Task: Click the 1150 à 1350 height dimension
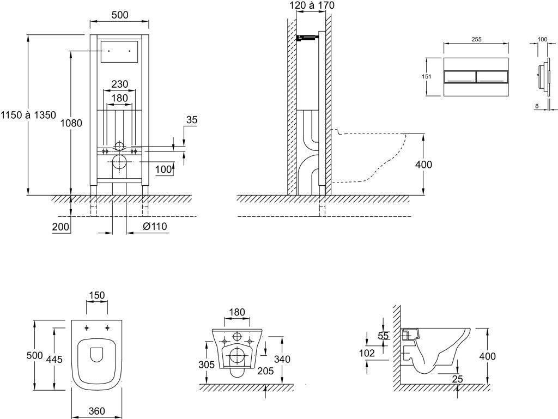click(x=28, y=115)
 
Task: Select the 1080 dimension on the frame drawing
click(x=71, y=124)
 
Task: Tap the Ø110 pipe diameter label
click(x=155, y=227)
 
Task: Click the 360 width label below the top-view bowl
click(x=96, y=411)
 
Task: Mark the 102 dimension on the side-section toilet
click(x=367, y=353)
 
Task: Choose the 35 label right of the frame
click(x=192, y=120)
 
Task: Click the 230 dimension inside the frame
click(x=119, y=84)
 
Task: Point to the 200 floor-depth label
click(x=61, y=227)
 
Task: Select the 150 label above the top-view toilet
click(x=97, y=295)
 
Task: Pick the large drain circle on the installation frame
click(x=119, y=161)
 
